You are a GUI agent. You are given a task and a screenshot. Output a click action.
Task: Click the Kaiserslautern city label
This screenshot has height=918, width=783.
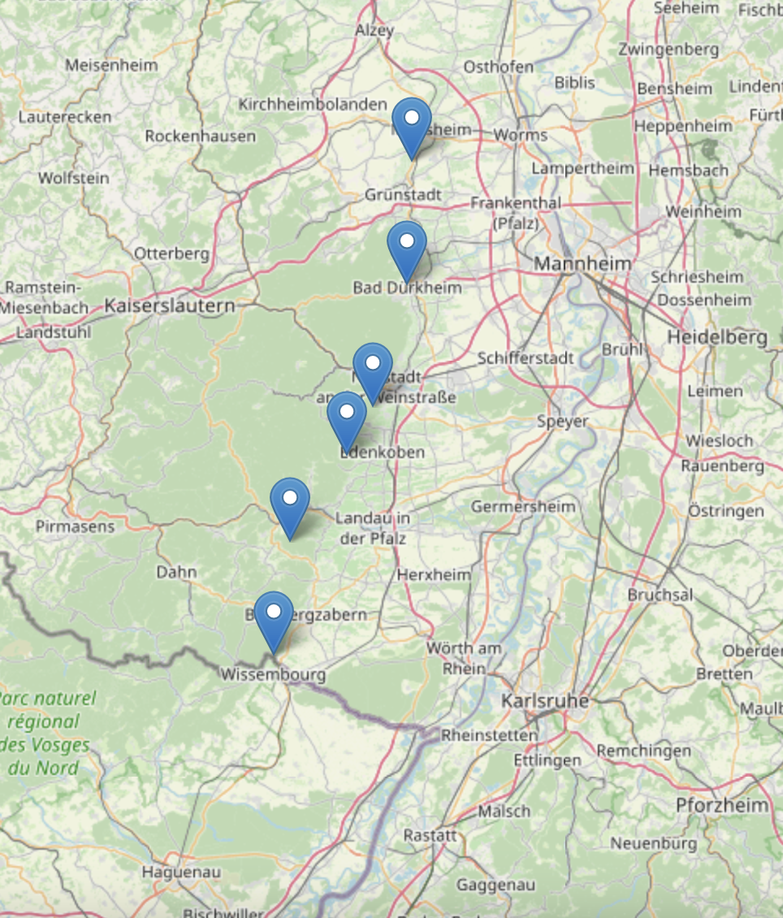coord(169,306)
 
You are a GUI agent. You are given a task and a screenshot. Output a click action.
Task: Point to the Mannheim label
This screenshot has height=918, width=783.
coord(582,264)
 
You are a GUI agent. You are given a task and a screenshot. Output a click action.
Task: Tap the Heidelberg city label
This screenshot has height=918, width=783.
coord(717,336)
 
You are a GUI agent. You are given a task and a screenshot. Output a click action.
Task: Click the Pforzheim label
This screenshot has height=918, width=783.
coord(722,805)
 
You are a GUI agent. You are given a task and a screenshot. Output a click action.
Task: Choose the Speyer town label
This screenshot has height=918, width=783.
coord(562,422)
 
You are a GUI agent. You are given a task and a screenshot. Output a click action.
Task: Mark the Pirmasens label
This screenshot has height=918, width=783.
coord(76,526)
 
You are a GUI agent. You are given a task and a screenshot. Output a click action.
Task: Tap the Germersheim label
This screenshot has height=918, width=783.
coord(523,506)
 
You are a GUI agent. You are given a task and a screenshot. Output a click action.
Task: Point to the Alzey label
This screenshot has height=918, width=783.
coord(374,30)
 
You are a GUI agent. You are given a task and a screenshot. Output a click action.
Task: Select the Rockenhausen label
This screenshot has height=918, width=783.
coord(201,136)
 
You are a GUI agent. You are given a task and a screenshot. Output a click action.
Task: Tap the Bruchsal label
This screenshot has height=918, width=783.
coord(660,595)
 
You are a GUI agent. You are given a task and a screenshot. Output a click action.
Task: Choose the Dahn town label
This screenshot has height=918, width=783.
coord(176,572)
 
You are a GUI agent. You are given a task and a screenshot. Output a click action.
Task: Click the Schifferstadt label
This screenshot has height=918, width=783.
coord(526,357)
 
